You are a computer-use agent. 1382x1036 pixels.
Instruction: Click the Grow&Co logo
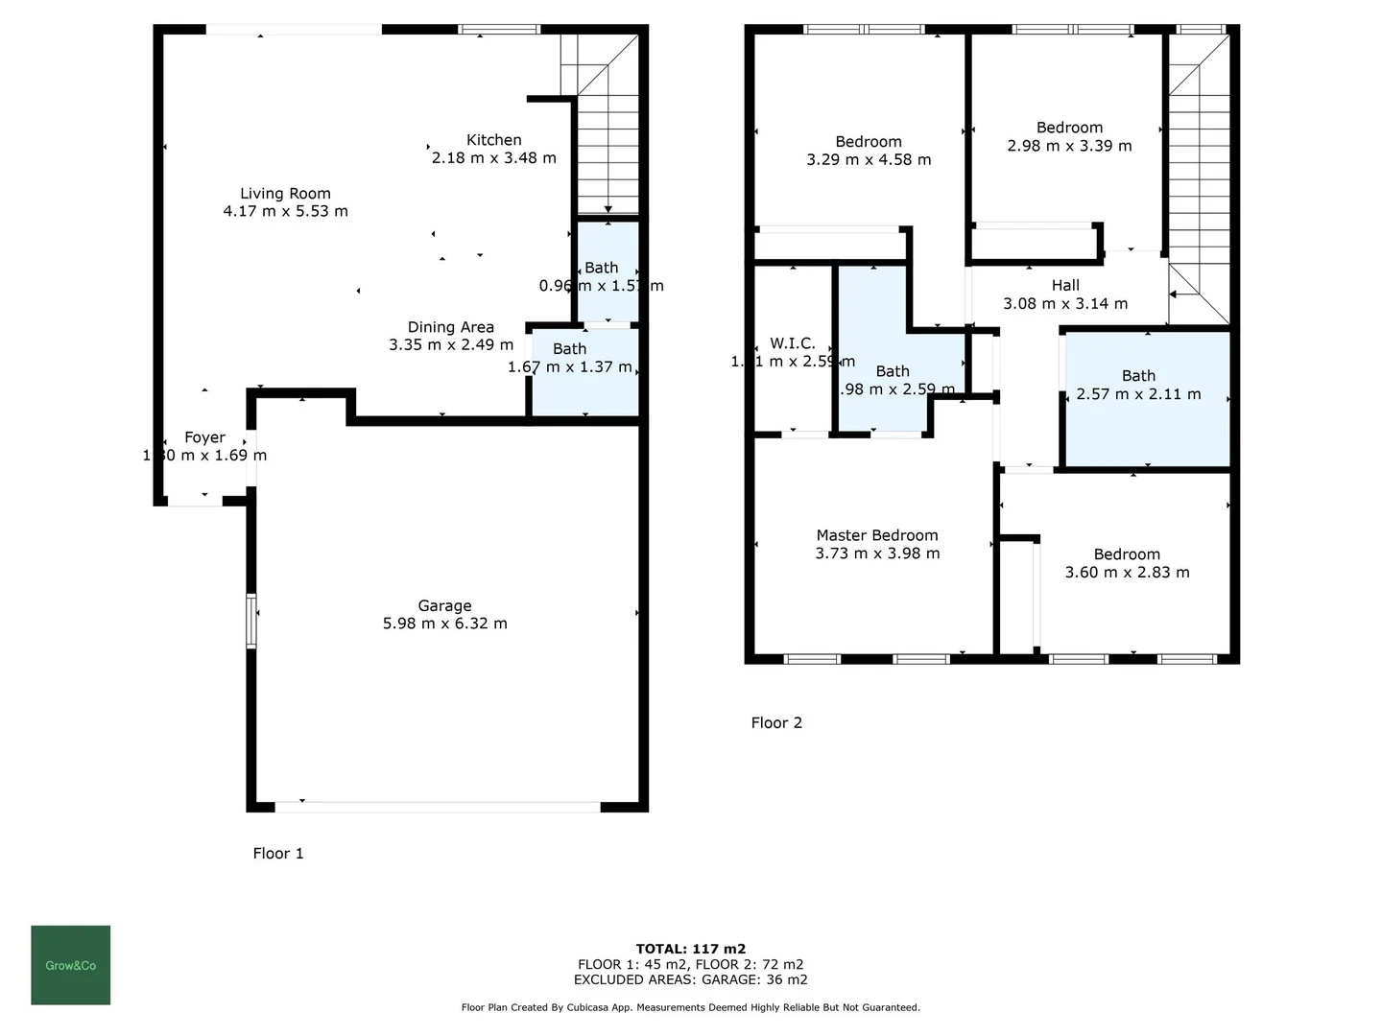click(x=70, y=965)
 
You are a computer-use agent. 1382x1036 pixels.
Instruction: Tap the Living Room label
click(x=285, y=194)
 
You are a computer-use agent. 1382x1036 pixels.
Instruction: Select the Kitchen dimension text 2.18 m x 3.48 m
click(x=493, y=158)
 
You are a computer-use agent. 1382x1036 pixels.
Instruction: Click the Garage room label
click(x=444, y=606)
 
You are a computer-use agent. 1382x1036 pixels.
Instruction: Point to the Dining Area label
click(x=450, y=327)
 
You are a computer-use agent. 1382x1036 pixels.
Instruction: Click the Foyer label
click(x=204, y=437)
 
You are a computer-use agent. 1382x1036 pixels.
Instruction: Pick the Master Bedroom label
click(x=876, y=535)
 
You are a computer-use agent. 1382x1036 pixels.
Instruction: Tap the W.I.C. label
click(x=792, y=343)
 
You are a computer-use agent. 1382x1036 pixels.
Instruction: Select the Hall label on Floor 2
click(x=1064, y=285)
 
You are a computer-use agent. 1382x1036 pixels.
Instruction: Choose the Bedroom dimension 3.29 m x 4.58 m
click(x=869, y=160)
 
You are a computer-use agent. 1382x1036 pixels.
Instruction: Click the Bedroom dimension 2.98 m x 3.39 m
click(x=1069, y=146)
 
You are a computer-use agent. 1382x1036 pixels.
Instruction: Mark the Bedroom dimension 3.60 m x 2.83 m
click(x=1127, y=573)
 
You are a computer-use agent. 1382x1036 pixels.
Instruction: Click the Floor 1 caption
click(x=277, y=853)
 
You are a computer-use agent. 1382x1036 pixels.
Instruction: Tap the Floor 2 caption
click(x=775, y=722)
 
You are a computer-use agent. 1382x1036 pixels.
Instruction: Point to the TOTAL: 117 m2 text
click(x=690, y=949)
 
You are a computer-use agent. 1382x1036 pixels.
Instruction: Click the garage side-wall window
click(x=251, y=621)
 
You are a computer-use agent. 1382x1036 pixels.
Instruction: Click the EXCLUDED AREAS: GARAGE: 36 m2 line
click(x=690, y=979)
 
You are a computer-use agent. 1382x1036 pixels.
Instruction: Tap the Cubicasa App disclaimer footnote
click(x=690, y=1007)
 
